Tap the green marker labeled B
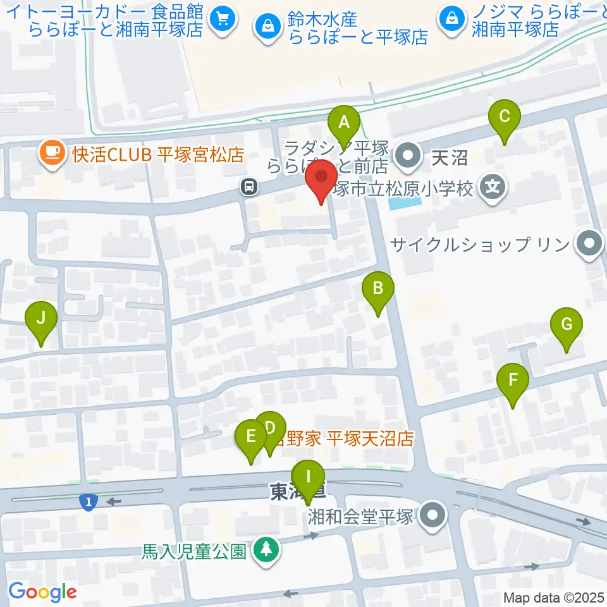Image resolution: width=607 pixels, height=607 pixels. pyautogui.click(x=377, y=290)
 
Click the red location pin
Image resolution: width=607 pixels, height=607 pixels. pyautogui.click(x=322, y=178)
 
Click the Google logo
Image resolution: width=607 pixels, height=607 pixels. pyautogui.click(x=42, y=592)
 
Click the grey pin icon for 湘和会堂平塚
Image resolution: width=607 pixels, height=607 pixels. pyautogui.click(x=433, y=515)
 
